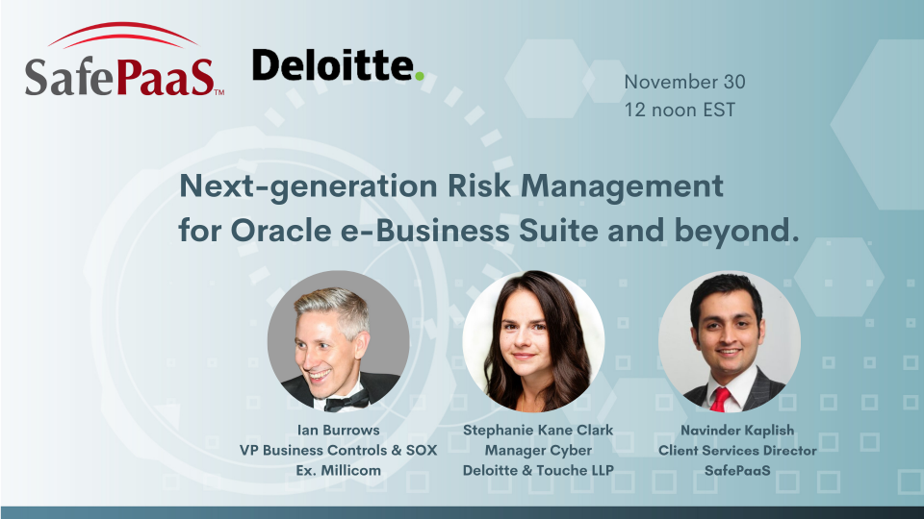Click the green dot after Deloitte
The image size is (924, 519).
tap(419, 76)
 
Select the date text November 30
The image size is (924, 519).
tap(684, 82)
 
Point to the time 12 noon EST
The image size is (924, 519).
tap(679, 110)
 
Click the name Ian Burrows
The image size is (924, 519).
tap(338, 431)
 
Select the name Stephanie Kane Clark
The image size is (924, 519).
tap(537, 431)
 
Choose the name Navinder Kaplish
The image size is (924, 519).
tap(737, 431)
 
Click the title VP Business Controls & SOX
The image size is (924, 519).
tap(338, 450)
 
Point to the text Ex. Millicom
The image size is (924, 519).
tap(338, 469)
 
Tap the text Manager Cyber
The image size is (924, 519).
tap(537, 450)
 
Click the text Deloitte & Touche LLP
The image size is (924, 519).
tap(537, 469)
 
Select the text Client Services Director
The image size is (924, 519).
tap(737, 450)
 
